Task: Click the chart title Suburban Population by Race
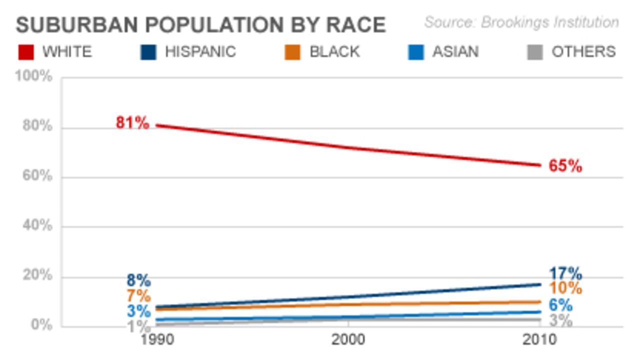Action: [200, 24]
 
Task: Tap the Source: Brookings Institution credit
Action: [521, 22]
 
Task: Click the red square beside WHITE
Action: [25, 52]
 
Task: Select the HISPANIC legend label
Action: [200, 52]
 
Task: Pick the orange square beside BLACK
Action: [292, 52]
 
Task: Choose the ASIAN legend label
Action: [455, 52]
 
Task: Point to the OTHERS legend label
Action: [583, 52]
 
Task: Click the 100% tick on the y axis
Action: [33, 77]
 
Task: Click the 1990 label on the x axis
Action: [157, 340]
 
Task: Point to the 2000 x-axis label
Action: [348, 340]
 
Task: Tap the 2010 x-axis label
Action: [539, 340]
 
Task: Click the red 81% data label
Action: [132, 123]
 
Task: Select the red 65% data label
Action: [565, 166]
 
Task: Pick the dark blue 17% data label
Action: [565, 274]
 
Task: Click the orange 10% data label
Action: [565, 289]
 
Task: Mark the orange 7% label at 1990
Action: [138, 296]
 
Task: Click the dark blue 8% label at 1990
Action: [138, 281]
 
